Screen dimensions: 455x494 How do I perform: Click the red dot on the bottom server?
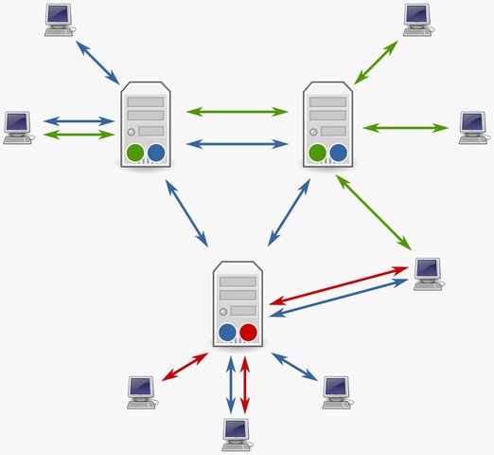point(249,332)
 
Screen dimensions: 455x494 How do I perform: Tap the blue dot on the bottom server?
point(227,332)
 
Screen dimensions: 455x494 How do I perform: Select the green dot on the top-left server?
point(134,152)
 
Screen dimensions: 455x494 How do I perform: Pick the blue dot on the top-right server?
point(339,152)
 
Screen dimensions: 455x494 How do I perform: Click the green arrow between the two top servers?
point(238,112)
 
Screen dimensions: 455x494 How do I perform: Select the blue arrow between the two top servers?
point(238,144)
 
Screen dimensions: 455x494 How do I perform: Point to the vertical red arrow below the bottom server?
point(246,384)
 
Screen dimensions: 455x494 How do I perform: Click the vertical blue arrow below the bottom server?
point(229,384)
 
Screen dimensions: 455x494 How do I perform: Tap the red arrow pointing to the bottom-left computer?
point(185,368)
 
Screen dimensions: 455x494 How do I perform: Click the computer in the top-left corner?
point(60,18)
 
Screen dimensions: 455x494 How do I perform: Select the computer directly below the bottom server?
point(237,433)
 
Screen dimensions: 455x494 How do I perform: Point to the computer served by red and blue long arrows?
point(428,273)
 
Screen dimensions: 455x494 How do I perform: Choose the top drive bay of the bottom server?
point(238,282)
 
